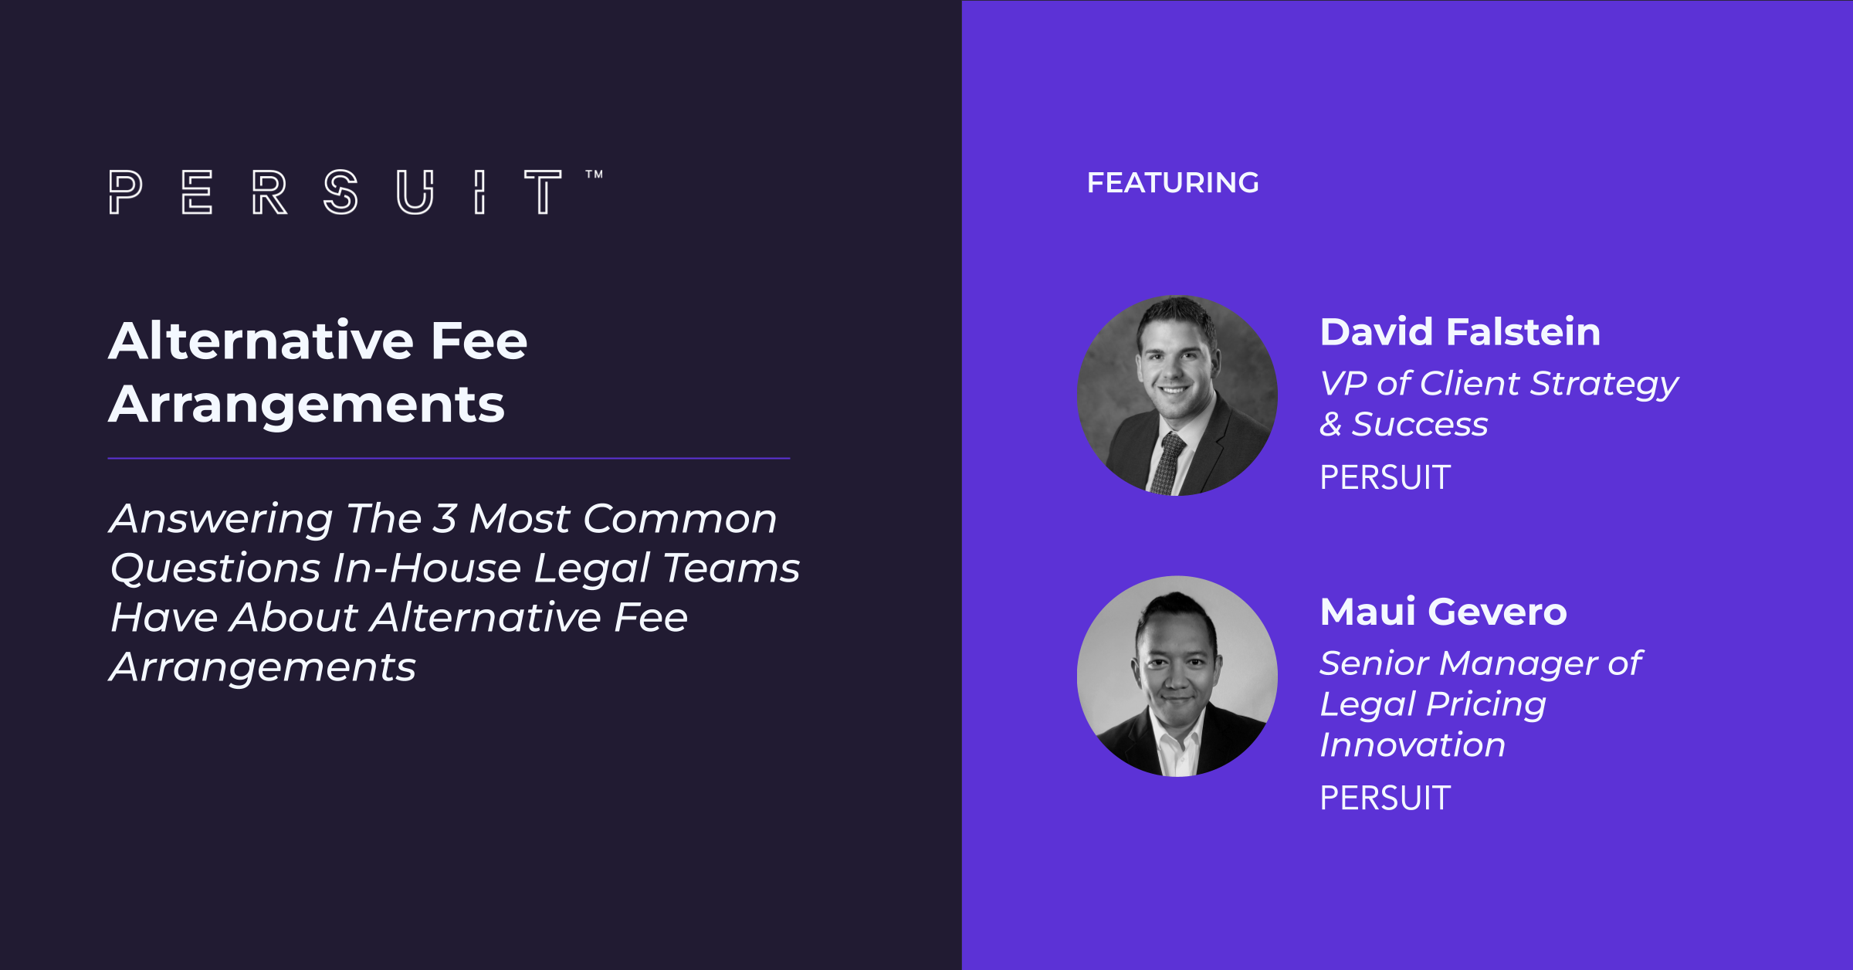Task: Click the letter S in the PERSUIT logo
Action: pyautogui.click(x=340, y=192)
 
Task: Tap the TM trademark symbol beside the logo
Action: pyautogui.click(x=594, y=175)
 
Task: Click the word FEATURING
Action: pyautogui.click(x=1173, y=183)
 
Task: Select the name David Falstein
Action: pyautogui.click(x=1460, y=332)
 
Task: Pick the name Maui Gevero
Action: pyautogui.click(x=1443, y=612)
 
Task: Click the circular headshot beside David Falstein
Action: pyautogui.click(x=1177, y=395)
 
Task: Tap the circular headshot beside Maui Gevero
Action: pyautogui.click(x=1177, y=677)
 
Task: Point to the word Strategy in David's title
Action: pyautogui.click(x=1604, y=385)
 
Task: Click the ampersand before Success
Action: pyautogui.click(x=1330, y=424)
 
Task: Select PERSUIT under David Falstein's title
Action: pyautogui.click(x=1385, y=477)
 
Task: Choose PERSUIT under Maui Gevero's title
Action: pyautogui.click(x=1385, y=798)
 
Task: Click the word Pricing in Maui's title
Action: pyautogui.click(x=1486, y=705)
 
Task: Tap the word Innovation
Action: pyautogui.click(x=1412, y=744)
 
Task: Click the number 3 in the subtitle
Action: pyautogui.click(x=444, y=518)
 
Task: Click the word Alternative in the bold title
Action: pyautogui.click(x=261, y=341)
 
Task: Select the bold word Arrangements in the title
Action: pyautogui.click(x=307, y=405)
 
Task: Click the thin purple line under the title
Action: pyautogui.click(x=449, y=459)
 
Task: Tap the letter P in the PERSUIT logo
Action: pyautogui.click(x=125, y=192)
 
